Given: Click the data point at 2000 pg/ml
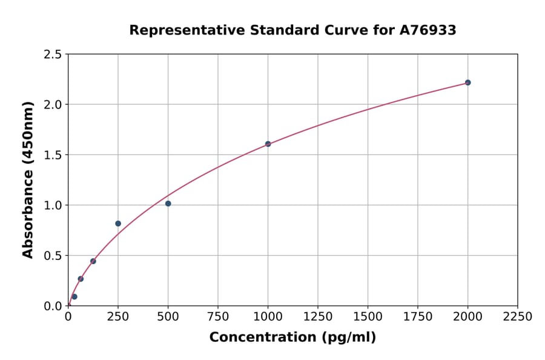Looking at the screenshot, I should [x=467, y=82].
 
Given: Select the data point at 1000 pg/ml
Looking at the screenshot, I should [x=268, y=144].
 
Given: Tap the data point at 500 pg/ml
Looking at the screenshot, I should [x=168, y=204].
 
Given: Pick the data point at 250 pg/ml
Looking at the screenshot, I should [x=118, y=224].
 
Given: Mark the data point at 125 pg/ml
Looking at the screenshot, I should [x=93, y=261].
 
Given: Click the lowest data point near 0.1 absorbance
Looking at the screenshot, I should [x=74, y=297].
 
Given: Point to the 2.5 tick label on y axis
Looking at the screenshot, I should [x=53, y=55].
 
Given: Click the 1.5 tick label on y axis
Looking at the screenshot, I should [x=53, y=155].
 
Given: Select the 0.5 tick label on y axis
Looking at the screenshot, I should [x=53, y=256].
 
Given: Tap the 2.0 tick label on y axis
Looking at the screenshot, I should [x=53, y=105].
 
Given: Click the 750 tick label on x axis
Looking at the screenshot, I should [x=218, y=317].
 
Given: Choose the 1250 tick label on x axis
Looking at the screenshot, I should [x=318, y=317].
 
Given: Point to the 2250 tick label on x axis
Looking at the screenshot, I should [x=518, y=317].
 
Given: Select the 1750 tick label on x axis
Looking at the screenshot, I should [x=418, y=317].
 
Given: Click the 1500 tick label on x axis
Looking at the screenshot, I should [x=368, y=317].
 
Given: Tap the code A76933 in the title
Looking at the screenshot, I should [x=428, y=30].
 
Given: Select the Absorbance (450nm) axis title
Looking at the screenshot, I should [x=28, y=179].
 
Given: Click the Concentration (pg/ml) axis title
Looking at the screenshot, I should [x=292, y=338].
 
